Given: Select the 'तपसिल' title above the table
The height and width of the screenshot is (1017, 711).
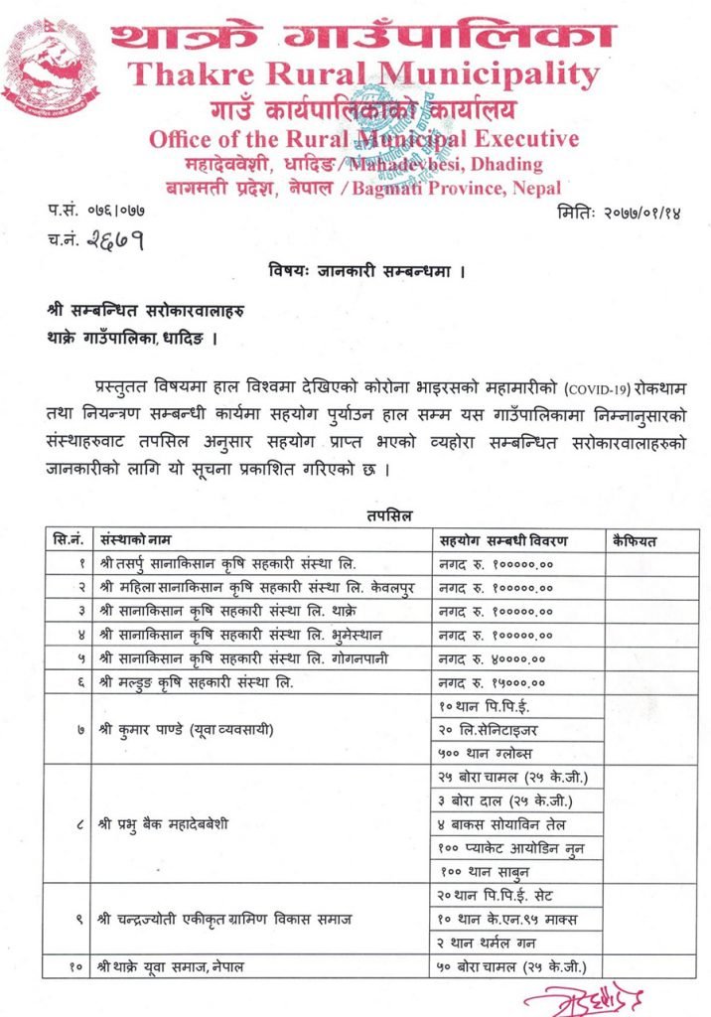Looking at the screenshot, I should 381,514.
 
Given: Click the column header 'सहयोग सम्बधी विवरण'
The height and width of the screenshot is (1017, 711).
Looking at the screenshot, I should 502,540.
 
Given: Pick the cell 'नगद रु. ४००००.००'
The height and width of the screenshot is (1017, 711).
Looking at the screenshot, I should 495,657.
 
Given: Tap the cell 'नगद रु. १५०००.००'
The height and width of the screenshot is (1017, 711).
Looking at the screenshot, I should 495,681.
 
